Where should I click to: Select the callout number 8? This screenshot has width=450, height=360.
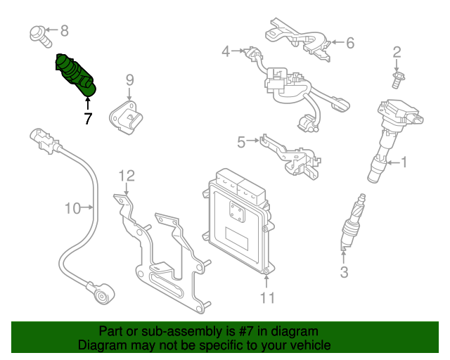tap(64, 30)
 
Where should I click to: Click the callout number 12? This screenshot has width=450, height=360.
tap(126, 176)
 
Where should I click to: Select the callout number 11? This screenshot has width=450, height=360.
tap(266, 298)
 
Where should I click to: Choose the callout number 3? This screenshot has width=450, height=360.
tap(344, 272)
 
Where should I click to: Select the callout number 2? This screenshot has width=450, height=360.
tap(397, 51)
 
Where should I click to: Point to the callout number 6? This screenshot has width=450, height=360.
tap(349, 43)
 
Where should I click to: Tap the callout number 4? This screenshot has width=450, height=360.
tap(226, 51)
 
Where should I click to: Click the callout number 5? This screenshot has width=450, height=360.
tap(241, 143)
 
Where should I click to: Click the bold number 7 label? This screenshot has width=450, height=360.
tap(88, 119)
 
